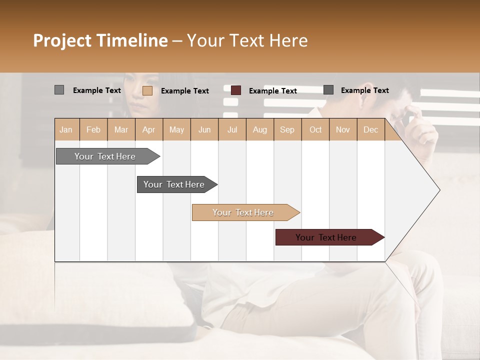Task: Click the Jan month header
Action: point(66,129)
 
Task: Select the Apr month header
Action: point(149,129)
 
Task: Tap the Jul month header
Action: point(232,129)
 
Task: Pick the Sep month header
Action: point(287,129)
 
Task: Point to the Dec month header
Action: point(370,129)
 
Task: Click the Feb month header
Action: point(93,129)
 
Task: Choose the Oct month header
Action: point(315,129)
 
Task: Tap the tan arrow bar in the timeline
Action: point(243,212)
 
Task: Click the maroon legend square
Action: point(236,90)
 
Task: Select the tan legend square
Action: point(147,90)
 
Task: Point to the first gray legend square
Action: point(59,90)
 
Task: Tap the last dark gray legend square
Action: point(328,90)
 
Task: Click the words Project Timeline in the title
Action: point(100,40)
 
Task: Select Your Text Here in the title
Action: point(247,40)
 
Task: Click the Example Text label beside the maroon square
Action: point(272,90)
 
